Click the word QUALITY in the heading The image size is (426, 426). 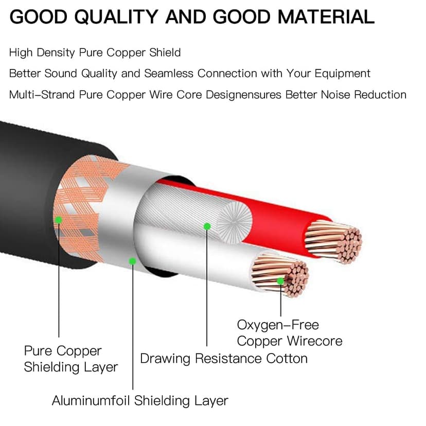(116, 17)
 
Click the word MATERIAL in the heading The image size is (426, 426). (326, 17)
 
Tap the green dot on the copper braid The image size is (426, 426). (59, 220)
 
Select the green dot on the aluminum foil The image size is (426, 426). (132, 261)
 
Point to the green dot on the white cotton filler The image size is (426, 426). (207, 226)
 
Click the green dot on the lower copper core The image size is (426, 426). (280, 281)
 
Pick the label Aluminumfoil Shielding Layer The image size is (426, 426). (140, 401)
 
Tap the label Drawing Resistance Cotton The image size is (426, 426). (224, 359)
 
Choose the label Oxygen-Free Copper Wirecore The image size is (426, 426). (289, 333)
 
